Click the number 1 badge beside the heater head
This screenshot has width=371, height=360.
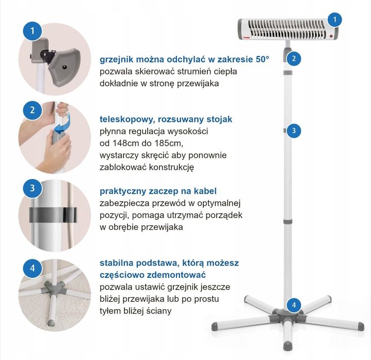(x=334, y=20)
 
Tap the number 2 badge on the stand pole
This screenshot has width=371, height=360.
(x=294, y=59)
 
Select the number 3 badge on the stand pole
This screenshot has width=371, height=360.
(x=294, y=131)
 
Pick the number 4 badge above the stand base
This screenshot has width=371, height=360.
(x=294, y=304)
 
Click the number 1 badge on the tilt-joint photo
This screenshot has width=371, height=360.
(x=32, y=31)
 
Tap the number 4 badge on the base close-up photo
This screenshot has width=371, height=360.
(x=32, y=268)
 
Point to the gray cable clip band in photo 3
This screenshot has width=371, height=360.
(x=53, y=215)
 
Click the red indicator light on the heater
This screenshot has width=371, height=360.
(x=331, y=36)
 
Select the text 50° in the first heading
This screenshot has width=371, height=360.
(x=262, y=59)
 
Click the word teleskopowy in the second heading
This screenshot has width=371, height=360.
(x=127, y=119)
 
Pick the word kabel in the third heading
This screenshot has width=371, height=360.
(x=205, y=191)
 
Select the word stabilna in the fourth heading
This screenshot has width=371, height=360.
(x=116, y=263)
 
